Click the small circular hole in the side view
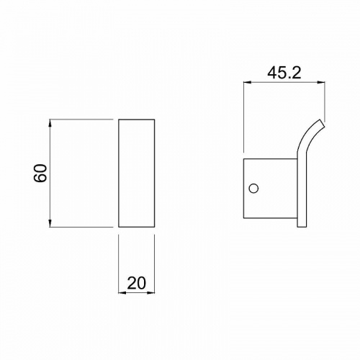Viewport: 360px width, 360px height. [x=253, y=189]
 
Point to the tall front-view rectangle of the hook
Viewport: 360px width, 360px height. [x=135, y=173]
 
